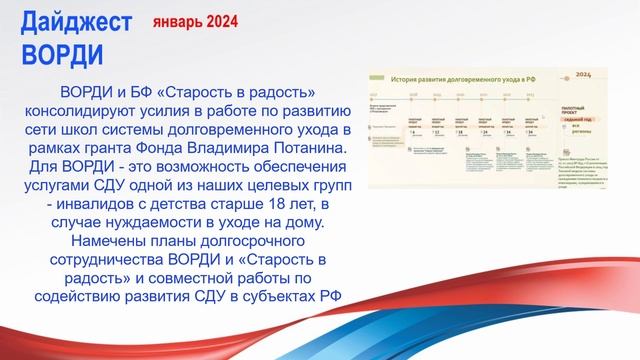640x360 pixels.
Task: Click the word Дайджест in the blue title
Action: coord(63,21)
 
